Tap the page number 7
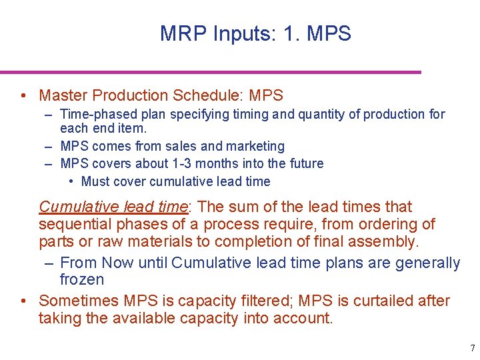[x=473, y=348]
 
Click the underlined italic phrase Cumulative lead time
[x=113, y=207]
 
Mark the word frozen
[x=82, y=280]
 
